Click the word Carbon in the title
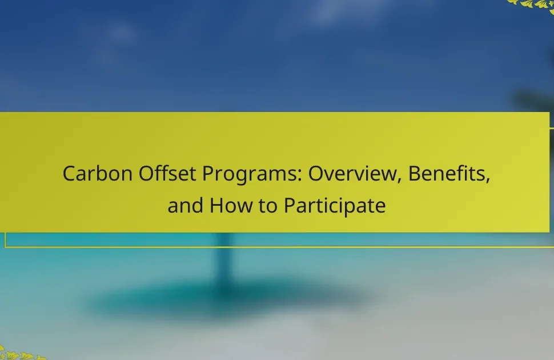tap(98, 174)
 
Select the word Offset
tap(167, 174)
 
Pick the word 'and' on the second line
tap(186, 206)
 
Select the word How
tap(231, 206)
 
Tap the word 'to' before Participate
tap(268, 206)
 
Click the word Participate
tap(335, 206)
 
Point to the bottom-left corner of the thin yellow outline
tap(5, 247)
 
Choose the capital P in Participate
tap(290, 206)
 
